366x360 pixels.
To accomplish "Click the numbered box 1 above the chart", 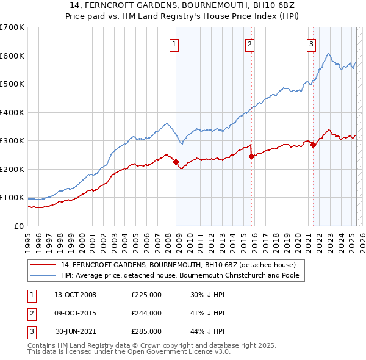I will pyautogui.click(x=174, y=43).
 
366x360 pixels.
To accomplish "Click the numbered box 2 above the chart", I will pyautogui.click(x=250, y=43).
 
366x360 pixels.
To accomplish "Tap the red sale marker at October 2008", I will pyautogui.click(x=176, y=162).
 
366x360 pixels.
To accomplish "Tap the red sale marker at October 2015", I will pyautogui.click(x=251, y=156).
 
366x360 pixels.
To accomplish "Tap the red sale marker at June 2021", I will pyautogui.click(x=313, y=145).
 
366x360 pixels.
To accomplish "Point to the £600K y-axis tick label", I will pyautogui.click(x=12, y=56).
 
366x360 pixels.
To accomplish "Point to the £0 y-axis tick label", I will pyautogui.click(x=18, y=226).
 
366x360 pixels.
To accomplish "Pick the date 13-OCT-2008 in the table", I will pyautogui.click(x=75, y=295).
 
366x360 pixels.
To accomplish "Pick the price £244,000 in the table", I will pyautogui.click(x=146, y=313).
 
